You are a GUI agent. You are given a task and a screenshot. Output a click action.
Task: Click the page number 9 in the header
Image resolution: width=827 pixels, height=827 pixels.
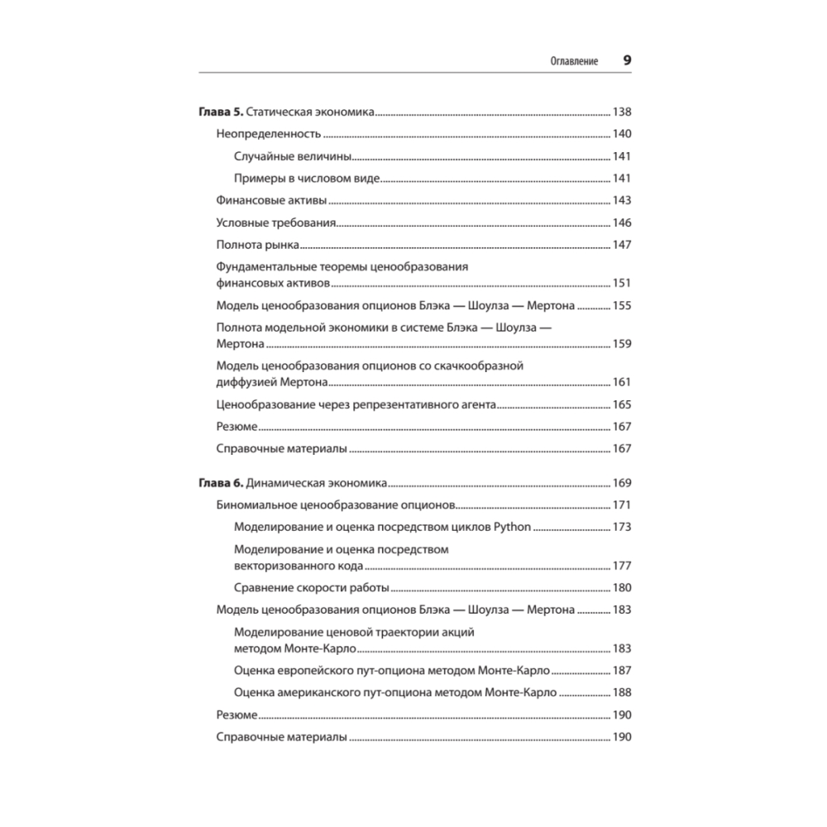(626, 60)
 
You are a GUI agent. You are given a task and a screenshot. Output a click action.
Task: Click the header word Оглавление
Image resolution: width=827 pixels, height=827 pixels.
(574, 62)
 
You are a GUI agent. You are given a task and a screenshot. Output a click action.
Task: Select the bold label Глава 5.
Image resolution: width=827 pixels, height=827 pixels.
(221, 112)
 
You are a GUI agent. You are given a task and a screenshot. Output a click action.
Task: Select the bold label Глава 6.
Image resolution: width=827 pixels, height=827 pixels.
(221, 483)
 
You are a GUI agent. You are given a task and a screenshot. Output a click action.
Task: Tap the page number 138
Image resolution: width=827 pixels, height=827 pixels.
(621, 112)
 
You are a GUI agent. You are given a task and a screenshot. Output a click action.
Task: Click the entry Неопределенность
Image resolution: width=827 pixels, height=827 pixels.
(267, 134)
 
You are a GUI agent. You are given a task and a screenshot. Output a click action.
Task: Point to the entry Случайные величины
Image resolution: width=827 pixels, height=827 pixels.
(294, 156)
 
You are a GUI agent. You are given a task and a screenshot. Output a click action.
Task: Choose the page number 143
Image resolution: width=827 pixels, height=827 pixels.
(621, 200)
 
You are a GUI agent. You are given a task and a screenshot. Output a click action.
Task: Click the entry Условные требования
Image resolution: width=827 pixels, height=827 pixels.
(275, 222)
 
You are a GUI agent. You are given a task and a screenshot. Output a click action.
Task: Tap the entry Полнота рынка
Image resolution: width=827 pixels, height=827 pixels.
(256, 245)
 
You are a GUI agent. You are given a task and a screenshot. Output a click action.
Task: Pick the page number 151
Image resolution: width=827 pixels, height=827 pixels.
(621, 283)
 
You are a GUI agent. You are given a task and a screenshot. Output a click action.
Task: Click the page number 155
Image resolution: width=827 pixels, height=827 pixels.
(621, 305)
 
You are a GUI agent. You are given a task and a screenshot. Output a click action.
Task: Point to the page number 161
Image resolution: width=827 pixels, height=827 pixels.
(621, 382)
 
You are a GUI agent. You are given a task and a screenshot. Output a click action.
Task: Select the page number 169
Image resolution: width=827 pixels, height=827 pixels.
(621, 483)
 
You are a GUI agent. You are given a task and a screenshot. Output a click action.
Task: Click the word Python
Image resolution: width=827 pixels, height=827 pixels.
(513, 528)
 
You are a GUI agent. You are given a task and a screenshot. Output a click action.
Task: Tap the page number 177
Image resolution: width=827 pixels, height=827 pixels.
(621, 566)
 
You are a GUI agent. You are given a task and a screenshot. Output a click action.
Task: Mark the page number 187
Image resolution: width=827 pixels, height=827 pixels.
(621, 671)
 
